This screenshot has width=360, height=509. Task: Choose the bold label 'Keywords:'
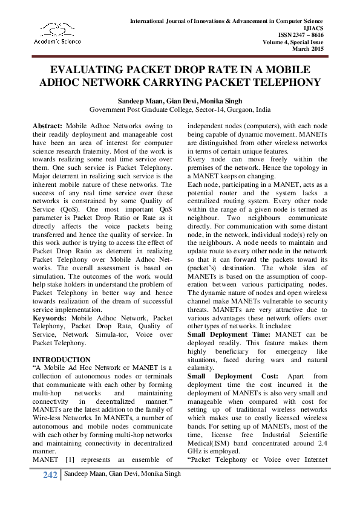coord(50,317)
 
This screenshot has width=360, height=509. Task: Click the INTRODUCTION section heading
coord(61,360)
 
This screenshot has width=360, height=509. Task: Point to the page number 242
coord(50,475)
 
